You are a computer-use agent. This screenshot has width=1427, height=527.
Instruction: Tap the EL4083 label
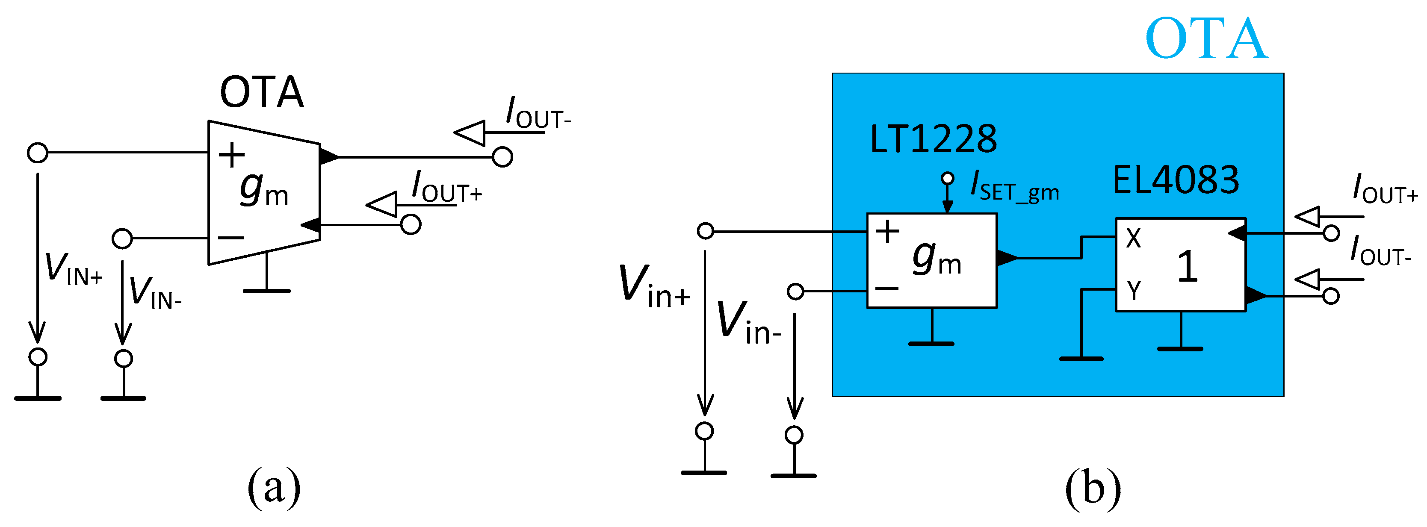point(1176,180)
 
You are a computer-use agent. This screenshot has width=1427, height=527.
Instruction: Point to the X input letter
point(1133,238)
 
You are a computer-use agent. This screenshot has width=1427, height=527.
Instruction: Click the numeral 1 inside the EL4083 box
point(1187,267)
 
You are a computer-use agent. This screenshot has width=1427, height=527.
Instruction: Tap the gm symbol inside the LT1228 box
point(936,257)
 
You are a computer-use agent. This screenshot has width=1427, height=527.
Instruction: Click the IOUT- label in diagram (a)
point(538,114)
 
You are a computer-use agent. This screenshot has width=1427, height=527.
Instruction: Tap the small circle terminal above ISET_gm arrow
point(947,178)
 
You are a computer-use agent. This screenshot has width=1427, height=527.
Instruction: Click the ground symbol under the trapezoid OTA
point(266,289)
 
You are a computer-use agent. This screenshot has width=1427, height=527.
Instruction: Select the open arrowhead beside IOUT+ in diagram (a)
point(382,204)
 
